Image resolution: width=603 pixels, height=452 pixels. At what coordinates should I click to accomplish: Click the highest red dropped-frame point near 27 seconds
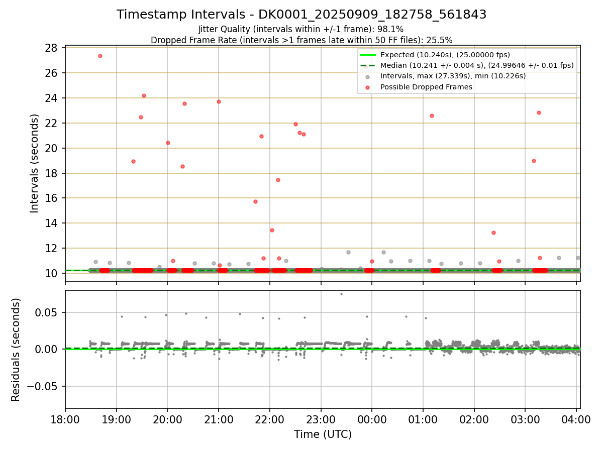click(100, 56)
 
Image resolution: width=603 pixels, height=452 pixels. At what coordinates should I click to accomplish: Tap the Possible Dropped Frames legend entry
click(426, 87)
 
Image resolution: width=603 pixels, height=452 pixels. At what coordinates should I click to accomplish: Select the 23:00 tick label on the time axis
click(321, 419)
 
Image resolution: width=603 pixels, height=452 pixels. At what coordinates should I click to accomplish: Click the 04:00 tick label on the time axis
click(576, 419)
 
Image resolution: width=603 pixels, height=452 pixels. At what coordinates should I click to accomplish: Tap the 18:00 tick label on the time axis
click(65, 419)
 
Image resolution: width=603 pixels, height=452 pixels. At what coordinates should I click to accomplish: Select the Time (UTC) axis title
click(323, 434)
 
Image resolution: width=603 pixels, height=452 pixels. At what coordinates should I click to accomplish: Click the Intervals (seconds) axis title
click(34, 163)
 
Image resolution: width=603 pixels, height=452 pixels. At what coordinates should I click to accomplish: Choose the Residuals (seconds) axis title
click(16, 350)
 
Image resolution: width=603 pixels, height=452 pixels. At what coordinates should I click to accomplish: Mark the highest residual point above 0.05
click(341, 294)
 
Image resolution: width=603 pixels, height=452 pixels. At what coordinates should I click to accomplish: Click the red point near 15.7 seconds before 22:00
click(255, 201)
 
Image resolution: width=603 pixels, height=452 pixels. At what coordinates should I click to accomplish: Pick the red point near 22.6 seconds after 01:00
click(432, 116)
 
